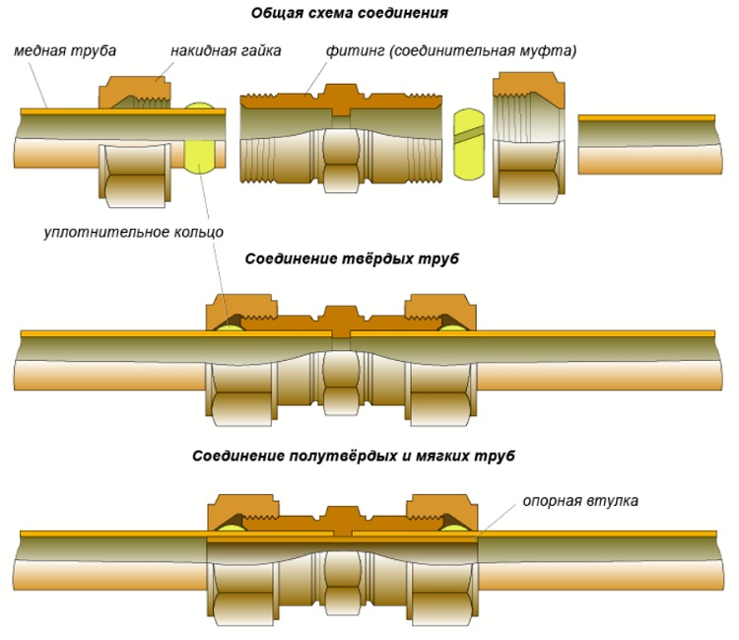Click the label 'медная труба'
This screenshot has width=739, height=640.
click(63, 50)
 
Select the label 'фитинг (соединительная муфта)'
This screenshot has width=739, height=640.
click(449, 50)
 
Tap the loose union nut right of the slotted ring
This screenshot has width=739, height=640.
click(527, 138)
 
